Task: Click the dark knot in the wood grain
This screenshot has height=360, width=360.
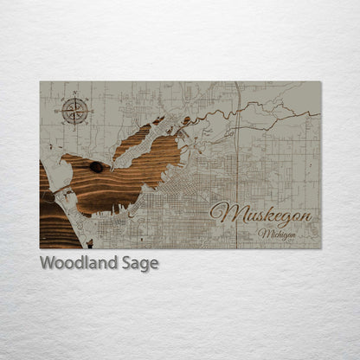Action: pos(95,167)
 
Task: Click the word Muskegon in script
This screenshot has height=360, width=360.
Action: pos(259,214)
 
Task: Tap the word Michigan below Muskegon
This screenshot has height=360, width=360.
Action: pos(277,233)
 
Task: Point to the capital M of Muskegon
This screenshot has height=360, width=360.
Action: pos(222,213)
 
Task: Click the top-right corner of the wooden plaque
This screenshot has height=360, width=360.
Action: pos(320,82)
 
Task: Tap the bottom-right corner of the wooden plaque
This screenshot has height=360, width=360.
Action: pos(320,248)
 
